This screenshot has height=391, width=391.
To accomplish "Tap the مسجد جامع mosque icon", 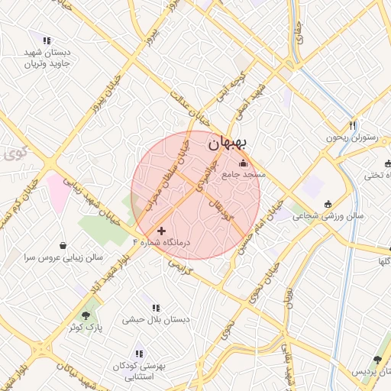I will pyautogui.click(x=244, y=162).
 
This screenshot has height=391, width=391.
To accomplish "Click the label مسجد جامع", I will pyautogui.click(x=244, y=175).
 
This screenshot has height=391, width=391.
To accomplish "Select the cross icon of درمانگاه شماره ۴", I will pyautogui.click(x=161, y=230).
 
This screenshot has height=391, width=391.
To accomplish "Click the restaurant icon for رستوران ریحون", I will pyautogui.click(x=352, y=125).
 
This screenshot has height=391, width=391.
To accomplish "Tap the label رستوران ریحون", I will pyautogui.click(x=352, y=137).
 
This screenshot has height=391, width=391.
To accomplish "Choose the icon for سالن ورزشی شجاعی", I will pyautogui.click(x=328, y=204).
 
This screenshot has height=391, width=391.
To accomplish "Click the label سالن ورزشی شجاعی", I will pyautogui.click(x=330, y=216).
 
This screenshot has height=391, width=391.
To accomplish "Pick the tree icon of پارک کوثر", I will pyautogui.click(x=86, y=314).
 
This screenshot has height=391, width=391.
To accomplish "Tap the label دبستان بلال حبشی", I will pyautogui.click(x=153, y=320).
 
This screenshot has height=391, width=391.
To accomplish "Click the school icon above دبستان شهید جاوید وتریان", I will pyautogui.click(x=47, y=40).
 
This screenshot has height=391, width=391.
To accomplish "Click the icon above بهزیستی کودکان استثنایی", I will pyautogui.click(x=139, y=354).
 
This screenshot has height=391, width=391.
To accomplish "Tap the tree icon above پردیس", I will pyautogui.click(x=376, y=359).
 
